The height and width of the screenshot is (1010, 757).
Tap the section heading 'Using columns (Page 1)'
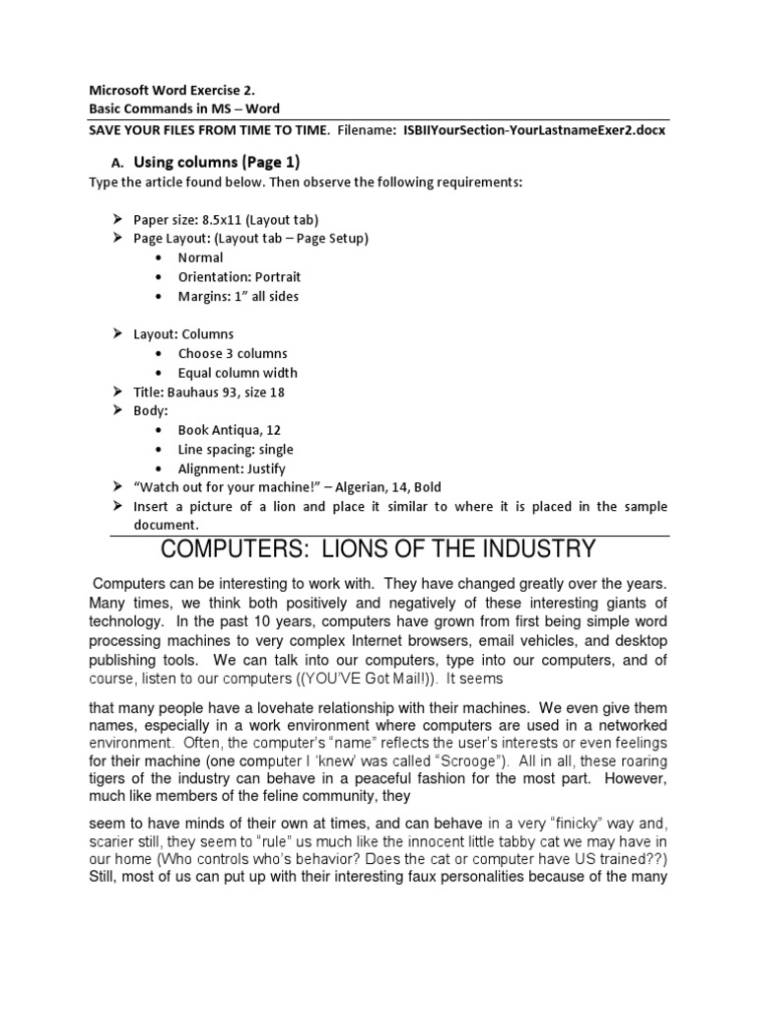(217, 161)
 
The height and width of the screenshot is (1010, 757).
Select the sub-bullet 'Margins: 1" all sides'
(238, 296)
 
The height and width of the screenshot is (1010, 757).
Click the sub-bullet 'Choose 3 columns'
(233, 353)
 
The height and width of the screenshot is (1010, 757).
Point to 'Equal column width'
(238, 373)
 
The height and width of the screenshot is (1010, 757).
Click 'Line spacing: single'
(236, 449)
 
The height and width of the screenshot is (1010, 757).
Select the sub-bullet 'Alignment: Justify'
(232, 469)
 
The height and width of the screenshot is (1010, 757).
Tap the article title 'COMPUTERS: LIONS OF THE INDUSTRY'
(378, 549)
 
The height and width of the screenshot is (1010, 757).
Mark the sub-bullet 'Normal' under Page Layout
(200, 257)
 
